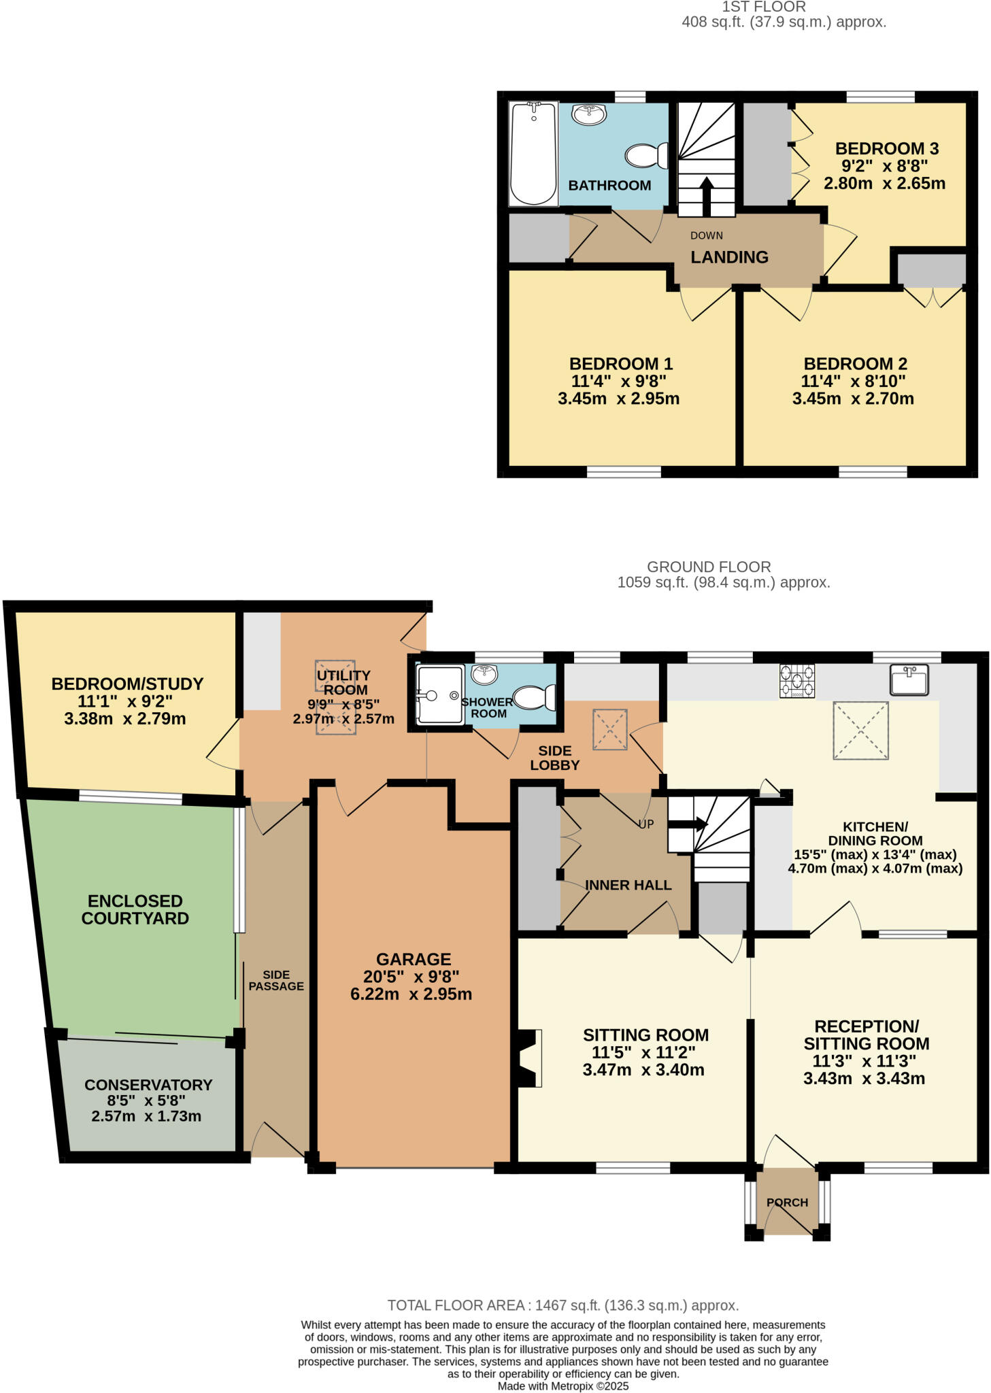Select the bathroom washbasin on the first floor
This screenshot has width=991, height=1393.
(589, 115)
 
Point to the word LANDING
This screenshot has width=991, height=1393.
(729, 257)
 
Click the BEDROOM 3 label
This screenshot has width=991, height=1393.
(886, 148)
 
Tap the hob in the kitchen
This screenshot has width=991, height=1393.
(797, 681)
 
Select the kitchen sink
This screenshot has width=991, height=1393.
(909, 679)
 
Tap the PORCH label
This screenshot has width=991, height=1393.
(787, 1202)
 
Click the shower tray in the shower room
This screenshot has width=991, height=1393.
(440, 694)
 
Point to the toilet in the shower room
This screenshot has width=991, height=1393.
(535, 697)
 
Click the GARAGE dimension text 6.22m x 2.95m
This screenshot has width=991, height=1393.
(411, 994)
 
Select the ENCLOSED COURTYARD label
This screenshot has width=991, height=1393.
(135, 909)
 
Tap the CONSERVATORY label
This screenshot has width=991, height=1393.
(148, 1085)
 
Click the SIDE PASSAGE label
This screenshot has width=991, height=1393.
(275, 980)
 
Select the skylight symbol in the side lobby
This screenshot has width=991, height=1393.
(609, 729)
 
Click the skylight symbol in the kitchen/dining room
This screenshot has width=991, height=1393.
(860, 731)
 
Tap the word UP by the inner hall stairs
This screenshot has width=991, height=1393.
(645, 824)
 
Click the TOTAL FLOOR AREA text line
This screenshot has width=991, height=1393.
(562, 1305)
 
